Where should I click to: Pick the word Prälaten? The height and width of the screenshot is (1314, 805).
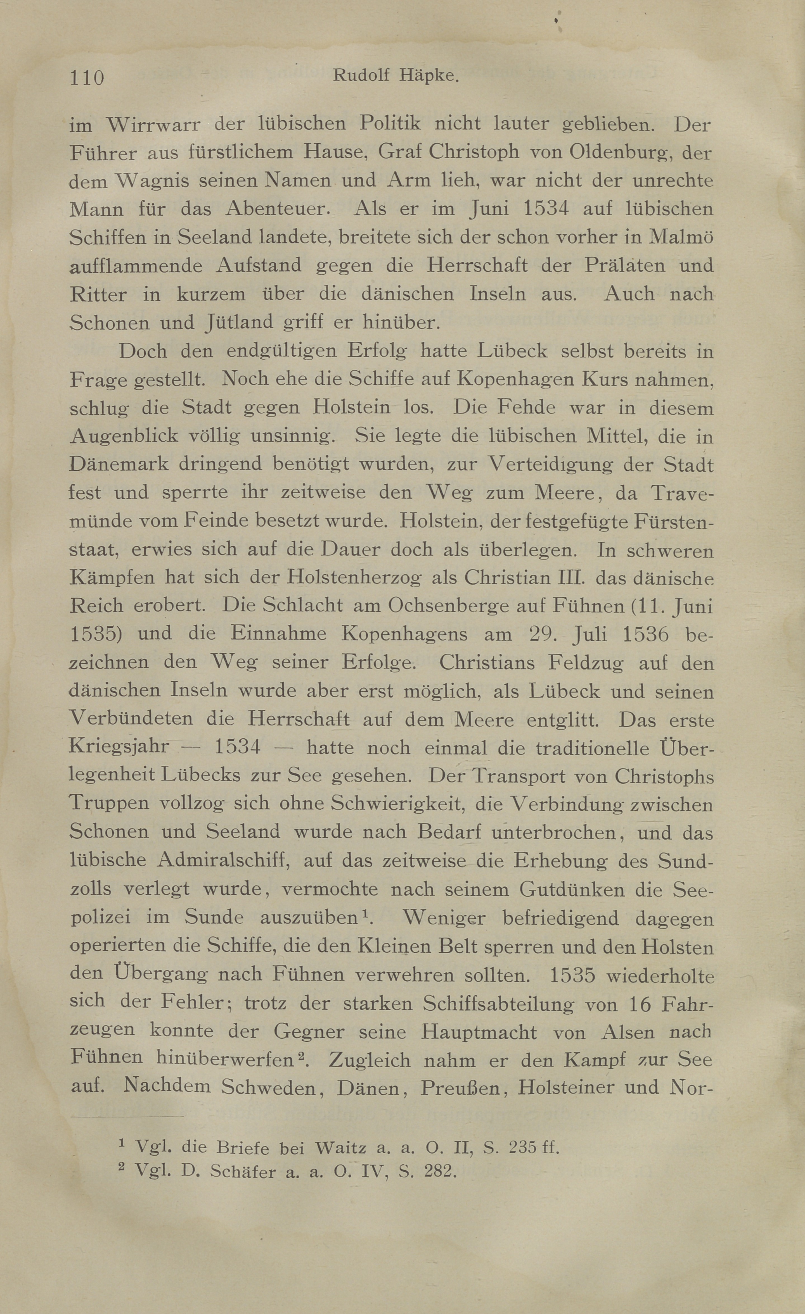(625, 266)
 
